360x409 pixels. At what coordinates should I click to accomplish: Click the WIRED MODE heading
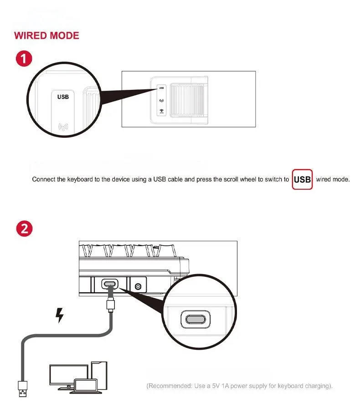(46, 36)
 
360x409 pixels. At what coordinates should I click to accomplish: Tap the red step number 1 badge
(24, 58)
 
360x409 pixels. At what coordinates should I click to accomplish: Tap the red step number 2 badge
(24, 229)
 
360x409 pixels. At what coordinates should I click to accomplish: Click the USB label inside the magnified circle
(63, 97)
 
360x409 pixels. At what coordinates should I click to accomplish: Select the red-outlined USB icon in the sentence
(302, 180)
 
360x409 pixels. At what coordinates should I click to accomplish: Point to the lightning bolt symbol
(60, 316)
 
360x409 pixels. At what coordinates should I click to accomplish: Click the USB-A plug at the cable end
(23, 389)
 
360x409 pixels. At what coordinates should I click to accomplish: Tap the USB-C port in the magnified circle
(195, 319)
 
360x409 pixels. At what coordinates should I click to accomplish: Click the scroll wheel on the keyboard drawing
(187, 100)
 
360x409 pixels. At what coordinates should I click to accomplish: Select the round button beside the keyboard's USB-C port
(138, 287)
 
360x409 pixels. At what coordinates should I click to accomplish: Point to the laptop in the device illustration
(86, 386)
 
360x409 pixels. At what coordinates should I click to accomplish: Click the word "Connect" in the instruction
(44, 180)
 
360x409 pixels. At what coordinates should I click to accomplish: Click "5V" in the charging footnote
(216, 386)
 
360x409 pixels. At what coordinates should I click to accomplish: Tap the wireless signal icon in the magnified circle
(63, 127)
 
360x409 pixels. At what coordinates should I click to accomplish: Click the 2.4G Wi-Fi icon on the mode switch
(161, 111)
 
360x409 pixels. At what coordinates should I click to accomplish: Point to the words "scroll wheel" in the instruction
(238, 180)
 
